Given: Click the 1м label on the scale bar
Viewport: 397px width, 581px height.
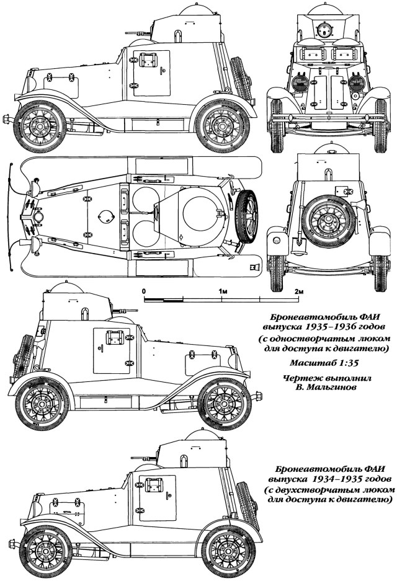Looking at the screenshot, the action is point(223,291).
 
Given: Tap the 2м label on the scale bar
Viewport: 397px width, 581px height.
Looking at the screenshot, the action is point(300,291).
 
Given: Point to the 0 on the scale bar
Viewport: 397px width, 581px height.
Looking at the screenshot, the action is point(144,291).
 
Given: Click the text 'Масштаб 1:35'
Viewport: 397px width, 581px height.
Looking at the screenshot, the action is point(324,363).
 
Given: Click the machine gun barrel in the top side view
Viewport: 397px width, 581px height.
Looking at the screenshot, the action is point(137,33).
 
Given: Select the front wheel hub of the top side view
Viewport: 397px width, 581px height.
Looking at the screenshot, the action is point(39,124).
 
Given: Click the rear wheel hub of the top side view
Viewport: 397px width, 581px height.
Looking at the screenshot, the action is point(221,124).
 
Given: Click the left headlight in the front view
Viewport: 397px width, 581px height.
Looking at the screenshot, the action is point(300,82).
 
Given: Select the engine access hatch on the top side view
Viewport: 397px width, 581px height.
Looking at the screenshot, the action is point(61,86).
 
